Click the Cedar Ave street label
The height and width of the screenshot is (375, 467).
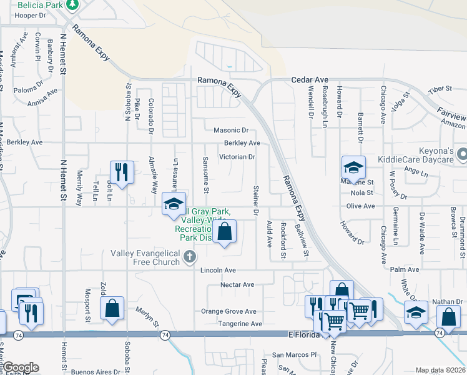pyautogui.click(x=310, y=80)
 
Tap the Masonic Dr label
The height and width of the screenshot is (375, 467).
pyautogui.click(x=231, y=131)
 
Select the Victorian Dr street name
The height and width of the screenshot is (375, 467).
pyautogui.click(x=237, y=157)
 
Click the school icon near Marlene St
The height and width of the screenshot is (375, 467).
pyautogui.click(x=353, y=167)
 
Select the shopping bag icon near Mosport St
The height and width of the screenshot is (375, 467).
pyautogui.click(x=112, y=309)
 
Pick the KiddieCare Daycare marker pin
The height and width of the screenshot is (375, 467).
pyautogui.click(x=462, y=153)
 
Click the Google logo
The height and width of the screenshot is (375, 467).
pyautogui.click(x=21, y=367)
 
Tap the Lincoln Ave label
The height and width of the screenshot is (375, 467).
pyautogui.click(x=218, y=270)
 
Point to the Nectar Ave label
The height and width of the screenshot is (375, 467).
pyautogui.click(x=237, y=285)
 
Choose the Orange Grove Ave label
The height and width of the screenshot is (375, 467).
pyautogui.click(x=229, y=311)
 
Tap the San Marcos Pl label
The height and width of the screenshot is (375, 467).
pyautogui.click(x=294, y=354)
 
